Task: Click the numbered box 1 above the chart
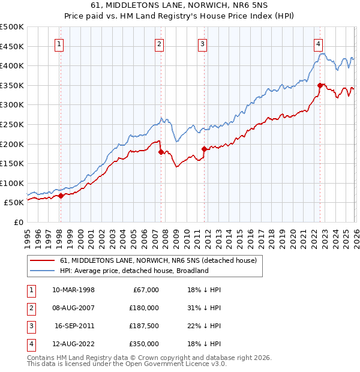point(60,43)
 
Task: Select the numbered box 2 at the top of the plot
point(159,43)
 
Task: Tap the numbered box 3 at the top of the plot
point(203,43)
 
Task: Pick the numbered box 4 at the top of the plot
point(318,43)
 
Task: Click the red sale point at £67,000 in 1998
point(61,196)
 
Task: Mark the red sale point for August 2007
point(161,152)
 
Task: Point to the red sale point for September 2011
point(204,149)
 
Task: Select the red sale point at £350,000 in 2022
point(320,85)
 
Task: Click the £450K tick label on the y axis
point(12,46)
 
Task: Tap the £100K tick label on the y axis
point(12,183)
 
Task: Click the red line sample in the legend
point(42,260)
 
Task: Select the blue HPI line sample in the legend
point(42,271)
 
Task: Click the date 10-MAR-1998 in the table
point(73,290)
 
